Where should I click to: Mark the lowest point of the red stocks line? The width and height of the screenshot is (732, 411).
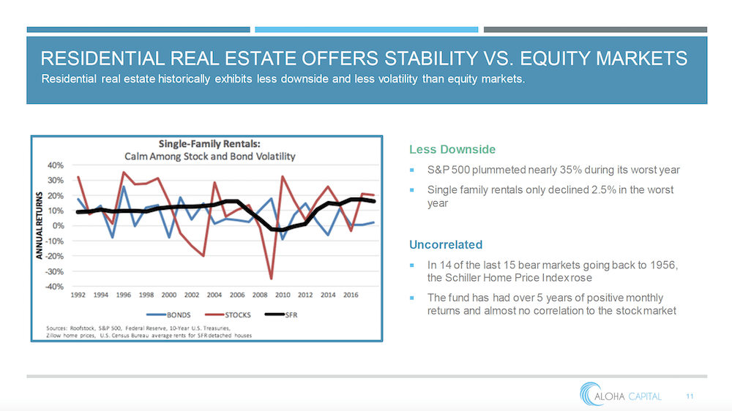click(x=272, y=279)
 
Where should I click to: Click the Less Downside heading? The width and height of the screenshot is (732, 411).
click(x=452, y=150)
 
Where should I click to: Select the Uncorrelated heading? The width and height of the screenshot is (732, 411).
click(x=446, y=244)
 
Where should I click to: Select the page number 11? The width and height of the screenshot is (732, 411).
click(x=690, y=396)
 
